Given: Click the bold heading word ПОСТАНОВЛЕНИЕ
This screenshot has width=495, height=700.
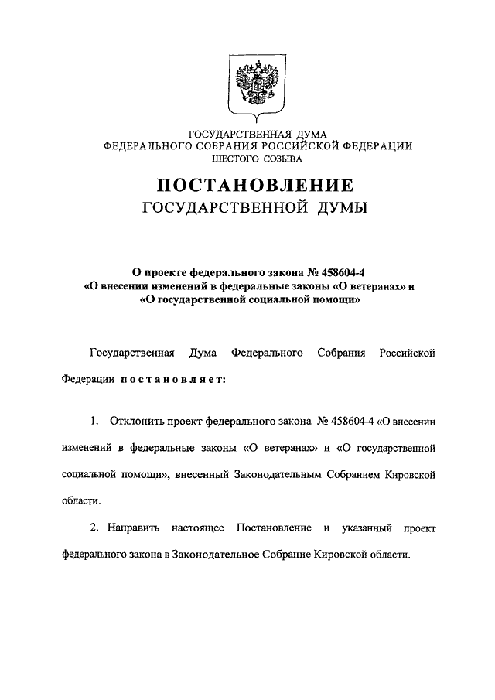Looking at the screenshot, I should click(256, 186).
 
